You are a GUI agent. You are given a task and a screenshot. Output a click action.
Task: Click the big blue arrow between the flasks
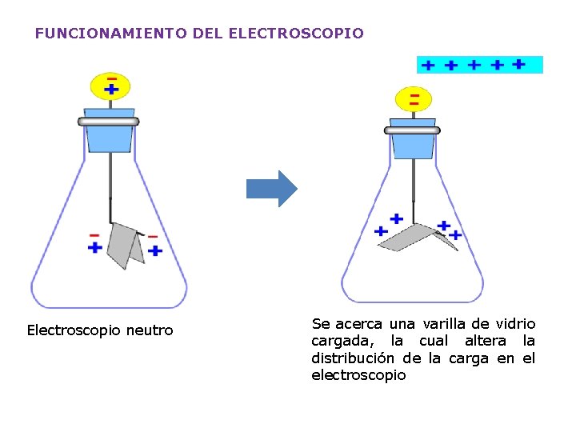coord(270,189)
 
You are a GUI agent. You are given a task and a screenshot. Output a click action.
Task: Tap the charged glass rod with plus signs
coord(479,65)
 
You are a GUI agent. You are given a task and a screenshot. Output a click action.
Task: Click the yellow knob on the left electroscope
coord(110,85)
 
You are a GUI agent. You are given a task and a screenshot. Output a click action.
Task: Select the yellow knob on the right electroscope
coord(413,99)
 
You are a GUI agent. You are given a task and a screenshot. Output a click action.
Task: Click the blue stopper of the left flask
coord(109,136)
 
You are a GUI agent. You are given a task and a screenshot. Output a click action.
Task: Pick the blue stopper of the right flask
coord(413,144)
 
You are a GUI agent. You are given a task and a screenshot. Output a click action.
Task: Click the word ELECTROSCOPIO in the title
coord(296,34)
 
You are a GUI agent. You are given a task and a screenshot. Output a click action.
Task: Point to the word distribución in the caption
coord(355,358)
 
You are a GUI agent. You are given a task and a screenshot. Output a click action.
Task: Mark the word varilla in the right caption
coord(442,324)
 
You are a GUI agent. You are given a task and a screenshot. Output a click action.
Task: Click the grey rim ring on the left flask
coord(109,122)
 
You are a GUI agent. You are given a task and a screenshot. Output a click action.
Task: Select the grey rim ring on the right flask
coord(413,130)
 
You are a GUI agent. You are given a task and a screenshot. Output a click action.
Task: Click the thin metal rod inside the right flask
coord(413,184)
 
